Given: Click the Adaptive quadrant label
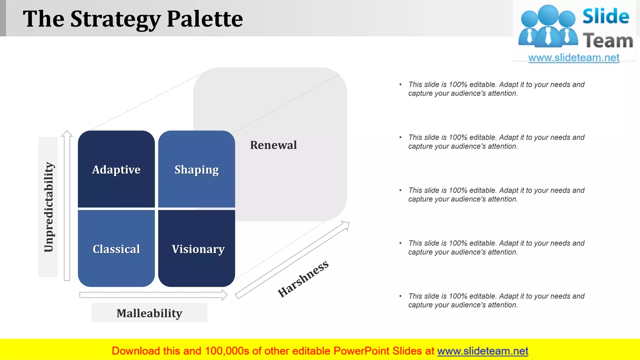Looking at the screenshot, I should [116, 170].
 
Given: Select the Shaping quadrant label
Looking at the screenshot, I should [197, 170].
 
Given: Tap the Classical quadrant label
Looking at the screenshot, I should [116, 249].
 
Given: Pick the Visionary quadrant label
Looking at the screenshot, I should [198, 249].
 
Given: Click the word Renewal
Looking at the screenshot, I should [273, 145].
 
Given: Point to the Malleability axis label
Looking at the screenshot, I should [149, 313].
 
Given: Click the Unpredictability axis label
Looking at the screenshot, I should [48, 207].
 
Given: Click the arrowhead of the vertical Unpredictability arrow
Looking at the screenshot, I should [67, 134].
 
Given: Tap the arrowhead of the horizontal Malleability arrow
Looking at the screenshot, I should [224, 295].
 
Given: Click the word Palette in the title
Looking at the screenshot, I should [205, 19].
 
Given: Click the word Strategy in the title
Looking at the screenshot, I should [115, 19].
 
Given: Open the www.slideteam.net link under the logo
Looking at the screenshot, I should [574, 58].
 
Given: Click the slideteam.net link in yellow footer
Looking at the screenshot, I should [482, 351].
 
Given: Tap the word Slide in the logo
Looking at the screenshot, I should [606, 16].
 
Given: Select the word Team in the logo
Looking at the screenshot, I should [608, 41].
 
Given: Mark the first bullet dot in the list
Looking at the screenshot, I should [400, 85].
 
